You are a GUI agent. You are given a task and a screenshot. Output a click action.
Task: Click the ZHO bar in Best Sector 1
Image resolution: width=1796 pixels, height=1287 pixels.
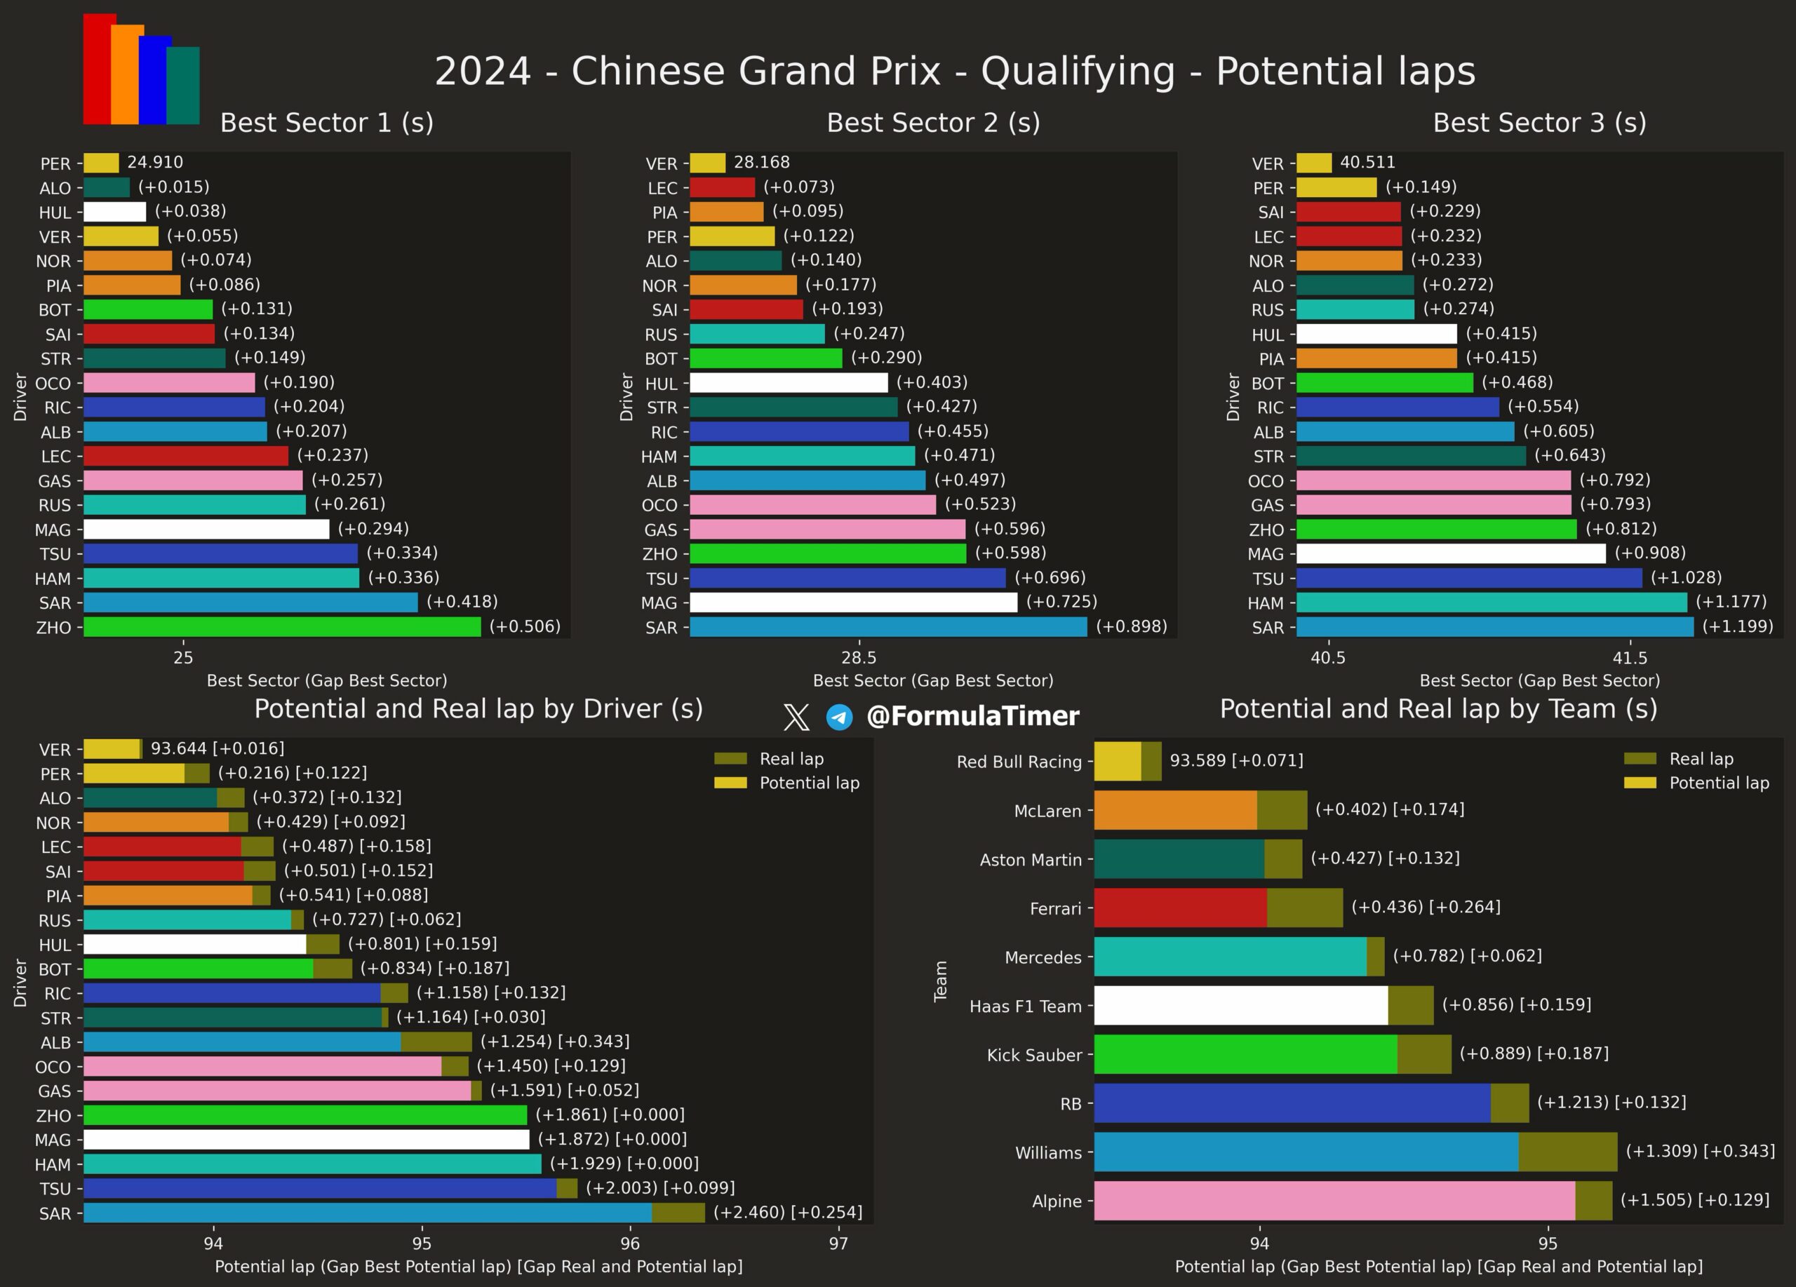[282, 627]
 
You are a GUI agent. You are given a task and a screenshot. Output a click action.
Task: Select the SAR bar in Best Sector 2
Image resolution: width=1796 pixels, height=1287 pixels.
[888, 627]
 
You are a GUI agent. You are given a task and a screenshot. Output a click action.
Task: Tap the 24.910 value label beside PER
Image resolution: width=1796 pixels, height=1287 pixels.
[155, 162]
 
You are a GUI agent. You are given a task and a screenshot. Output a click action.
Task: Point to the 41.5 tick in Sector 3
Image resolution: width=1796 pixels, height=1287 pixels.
[1630, 658]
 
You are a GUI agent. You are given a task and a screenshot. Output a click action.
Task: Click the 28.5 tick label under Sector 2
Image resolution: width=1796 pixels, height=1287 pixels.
[859, 658]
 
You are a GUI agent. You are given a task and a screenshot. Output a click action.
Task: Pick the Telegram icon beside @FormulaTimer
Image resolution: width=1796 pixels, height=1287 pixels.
[839, 717]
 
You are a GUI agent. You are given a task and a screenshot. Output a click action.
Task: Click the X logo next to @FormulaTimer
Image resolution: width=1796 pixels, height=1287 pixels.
[796, 717]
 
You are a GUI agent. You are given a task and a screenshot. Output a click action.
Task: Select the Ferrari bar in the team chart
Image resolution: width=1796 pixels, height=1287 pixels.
[1219, 908]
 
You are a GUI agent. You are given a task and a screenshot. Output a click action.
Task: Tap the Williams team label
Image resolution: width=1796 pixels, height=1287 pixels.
[1048, 1152]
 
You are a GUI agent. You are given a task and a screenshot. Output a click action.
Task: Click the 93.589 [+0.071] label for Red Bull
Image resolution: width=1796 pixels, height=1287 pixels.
[1236, 761]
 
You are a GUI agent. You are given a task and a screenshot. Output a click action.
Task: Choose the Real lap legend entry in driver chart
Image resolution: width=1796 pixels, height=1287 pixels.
[769, 759]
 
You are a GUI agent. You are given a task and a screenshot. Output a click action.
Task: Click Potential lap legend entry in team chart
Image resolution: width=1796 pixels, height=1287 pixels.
[1697, 783]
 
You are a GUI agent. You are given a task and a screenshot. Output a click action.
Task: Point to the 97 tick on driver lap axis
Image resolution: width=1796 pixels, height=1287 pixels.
[838, 1244]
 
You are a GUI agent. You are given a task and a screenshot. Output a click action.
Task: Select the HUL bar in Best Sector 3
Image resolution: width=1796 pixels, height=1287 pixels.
[1376, 334]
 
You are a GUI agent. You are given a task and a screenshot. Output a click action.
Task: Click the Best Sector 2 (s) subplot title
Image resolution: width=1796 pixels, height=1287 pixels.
[934, 123]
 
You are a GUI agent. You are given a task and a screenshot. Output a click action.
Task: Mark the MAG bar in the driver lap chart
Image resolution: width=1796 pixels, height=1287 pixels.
[307, 1140]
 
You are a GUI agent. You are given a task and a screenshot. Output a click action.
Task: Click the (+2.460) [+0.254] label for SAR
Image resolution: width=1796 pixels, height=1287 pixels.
[788, 1213]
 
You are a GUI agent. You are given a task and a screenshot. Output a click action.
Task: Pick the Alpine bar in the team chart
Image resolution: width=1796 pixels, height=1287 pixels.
[1353, 1201]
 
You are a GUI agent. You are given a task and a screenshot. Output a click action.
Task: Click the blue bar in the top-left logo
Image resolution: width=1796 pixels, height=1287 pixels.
[155, 80]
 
